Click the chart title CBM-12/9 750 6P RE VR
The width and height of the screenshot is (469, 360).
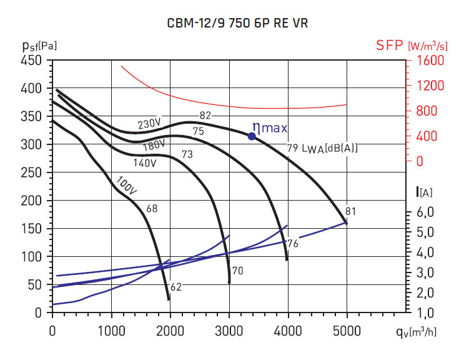pos(237,24)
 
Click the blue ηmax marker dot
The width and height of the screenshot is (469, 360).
pos(252,136)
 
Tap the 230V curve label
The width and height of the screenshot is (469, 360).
pos(149,124)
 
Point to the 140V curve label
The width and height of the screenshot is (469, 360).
pos(144,162)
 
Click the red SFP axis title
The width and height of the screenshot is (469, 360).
pos(411,45)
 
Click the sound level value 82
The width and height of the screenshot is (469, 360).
pos(205,115)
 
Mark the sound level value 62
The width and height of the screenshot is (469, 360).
pos(176,287)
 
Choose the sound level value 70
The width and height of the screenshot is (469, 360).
pos(237,271)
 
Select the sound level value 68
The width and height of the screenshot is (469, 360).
pos(152,208)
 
